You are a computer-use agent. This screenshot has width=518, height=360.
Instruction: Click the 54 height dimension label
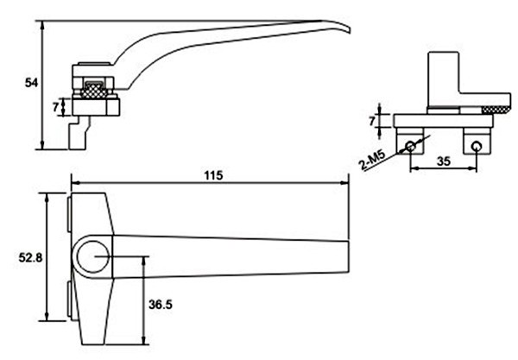click(x=31, y=83)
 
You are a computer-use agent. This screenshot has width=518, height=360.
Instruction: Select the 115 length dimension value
click(x=213, y=175)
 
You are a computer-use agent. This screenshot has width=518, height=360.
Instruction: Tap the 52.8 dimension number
click(x=30, y=257)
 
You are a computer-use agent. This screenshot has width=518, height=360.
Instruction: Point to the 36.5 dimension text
click(x=161, y=304)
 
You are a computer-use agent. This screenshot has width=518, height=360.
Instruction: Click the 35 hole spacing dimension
click(x=444, y=161)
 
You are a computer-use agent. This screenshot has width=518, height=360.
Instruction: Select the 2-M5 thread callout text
click(x=372, y=161)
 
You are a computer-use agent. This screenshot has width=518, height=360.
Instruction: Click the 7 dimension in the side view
click(x=55, y=107)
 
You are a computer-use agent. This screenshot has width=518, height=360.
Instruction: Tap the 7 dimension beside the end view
click(x=372, y=121)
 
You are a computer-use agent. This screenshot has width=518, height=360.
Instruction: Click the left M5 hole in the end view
click(x=410, y=145)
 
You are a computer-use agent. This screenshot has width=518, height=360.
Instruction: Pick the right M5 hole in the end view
click(x=477, y=145)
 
